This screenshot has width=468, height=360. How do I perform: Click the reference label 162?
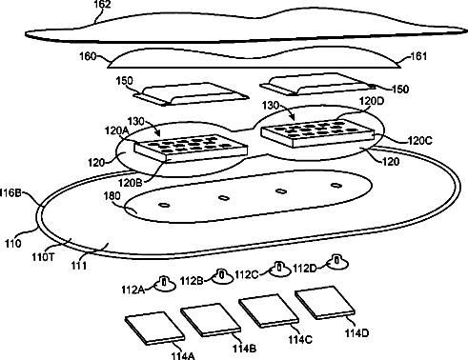pos(102,5)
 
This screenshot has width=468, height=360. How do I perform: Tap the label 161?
pos(419,56)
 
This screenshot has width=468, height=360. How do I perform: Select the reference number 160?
pos(88,56)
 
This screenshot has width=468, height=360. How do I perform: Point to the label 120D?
pos(372,101)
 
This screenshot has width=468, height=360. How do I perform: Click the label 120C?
pos(420,140)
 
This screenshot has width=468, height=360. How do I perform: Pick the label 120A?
pos(117,130)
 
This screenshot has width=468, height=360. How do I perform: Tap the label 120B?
pos(131,183)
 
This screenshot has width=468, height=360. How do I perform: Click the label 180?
pos(112,196)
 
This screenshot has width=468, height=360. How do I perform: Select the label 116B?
pos(10,192)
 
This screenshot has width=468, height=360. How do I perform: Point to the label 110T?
pos(43,257)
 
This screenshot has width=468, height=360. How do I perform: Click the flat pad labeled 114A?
pos(154,329)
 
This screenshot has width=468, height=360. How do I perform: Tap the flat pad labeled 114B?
pos(211,320)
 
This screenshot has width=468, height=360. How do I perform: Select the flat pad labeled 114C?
pos(269,310)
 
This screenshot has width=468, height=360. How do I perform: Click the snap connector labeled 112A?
pos(165,283)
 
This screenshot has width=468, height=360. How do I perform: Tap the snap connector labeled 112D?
pos(337,262)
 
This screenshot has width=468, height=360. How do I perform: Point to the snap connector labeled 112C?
pos(280,269)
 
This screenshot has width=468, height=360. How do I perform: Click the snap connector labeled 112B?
pos(222,275)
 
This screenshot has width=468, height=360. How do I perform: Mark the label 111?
pos(78,265)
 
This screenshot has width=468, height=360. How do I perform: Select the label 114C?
pos(300,340)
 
